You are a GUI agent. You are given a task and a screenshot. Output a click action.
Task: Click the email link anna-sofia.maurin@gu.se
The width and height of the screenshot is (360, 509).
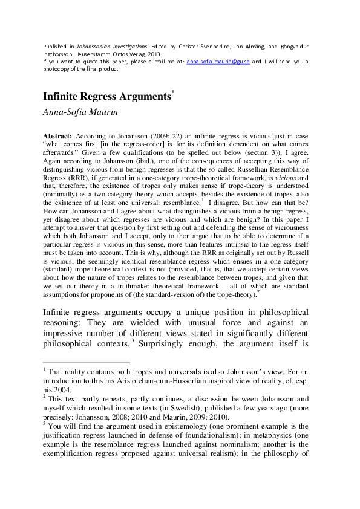(218, 62)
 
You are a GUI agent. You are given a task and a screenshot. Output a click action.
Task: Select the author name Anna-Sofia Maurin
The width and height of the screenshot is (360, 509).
(79, 111)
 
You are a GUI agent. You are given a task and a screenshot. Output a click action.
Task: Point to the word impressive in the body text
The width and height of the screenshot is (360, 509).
(68, 333)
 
